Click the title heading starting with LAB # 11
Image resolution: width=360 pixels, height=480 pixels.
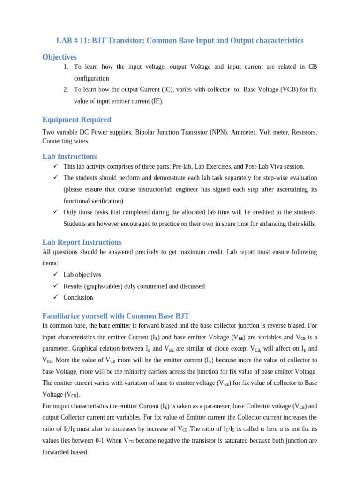click(x=180, y=41)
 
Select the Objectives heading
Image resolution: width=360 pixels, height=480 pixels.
click(x=60, y=57)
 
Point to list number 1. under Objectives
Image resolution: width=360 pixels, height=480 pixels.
click(x=66, y=67)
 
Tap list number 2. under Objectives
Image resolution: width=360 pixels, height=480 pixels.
click(x=66, y=90)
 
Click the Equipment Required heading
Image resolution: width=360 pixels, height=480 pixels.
click(x=76, y=120)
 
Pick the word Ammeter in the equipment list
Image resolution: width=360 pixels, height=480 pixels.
click(x=241, y=132)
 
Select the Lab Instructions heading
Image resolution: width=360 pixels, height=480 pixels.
click(x=69, y=156)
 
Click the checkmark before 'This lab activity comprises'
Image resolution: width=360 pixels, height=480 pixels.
click(x=55, y=166)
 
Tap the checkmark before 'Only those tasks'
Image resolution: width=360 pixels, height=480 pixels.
click(x=55, y=211)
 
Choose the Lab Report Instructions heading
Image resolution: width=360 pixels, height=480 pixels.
click(x=82, y=242)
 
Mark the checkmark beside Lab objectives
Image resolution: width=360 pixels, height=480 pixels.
click(x=55, y=274)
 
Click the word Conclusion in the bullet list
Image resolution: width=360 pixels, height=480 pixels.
click(x=78, y=298)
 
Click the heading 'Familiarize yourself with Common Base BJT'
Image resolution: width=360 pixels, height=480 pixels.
click(x=116, y=316)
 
